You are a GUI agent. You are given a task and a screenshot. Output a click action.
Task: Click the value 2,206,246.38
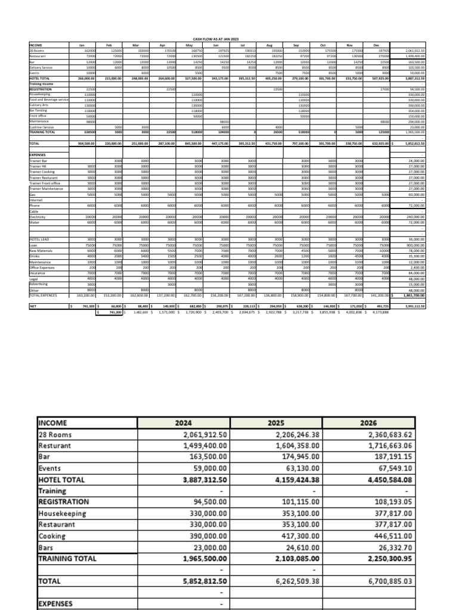[295, 434]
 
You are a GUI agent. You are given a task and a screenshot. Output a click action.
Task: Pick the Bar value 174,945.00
[299, 457]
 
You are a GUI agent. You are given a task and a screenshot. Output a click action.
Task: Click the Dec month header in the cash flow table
[376, 45]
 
